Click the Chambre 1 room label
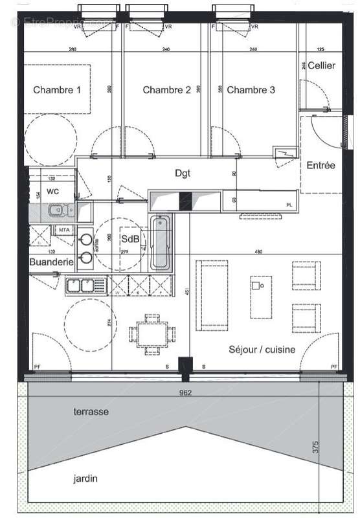coord(57,90)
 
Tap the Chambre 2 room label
coord(166,90)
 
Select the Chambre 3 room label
coord(251,90)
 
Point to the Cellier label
coord(321,65)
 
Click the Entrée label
coord(321,165)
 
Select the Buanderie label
coord(49,262)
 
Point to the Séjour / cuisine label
coord(262,350)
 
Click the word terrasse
coord(91,411)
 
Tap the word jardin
coord(85,479)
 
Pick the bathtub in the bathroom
coord(161,244)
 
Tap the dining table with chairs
coord(152,334)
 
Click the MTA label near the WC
coord(64,230)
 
